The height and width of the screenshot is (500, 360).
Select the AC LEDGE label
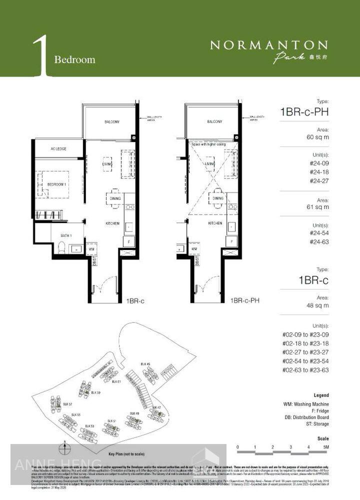click(x=58, y=148)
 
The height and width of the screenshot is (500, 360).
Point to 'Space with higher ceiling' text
click(x=208, y=144)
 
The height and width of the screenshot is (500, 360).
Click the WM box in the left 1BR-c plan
click(x=91, y=248)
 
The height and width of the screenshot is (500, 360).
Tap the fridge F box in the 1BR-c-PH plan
click(x=231, y=241)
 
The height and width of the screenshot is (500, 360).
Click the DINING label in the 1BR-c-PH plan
click(x=217, y=198)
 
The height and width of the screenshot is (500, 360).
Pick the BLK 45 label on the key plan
click(x=145, y=363)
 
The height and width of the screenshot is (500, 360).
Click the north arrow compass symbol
click(x=64, y=449)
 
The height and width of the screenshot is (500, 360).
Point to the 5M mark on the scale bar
click(x=325, y=446)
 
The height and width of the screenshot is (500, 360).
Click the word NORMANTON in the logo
click(x=268, y=45)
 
